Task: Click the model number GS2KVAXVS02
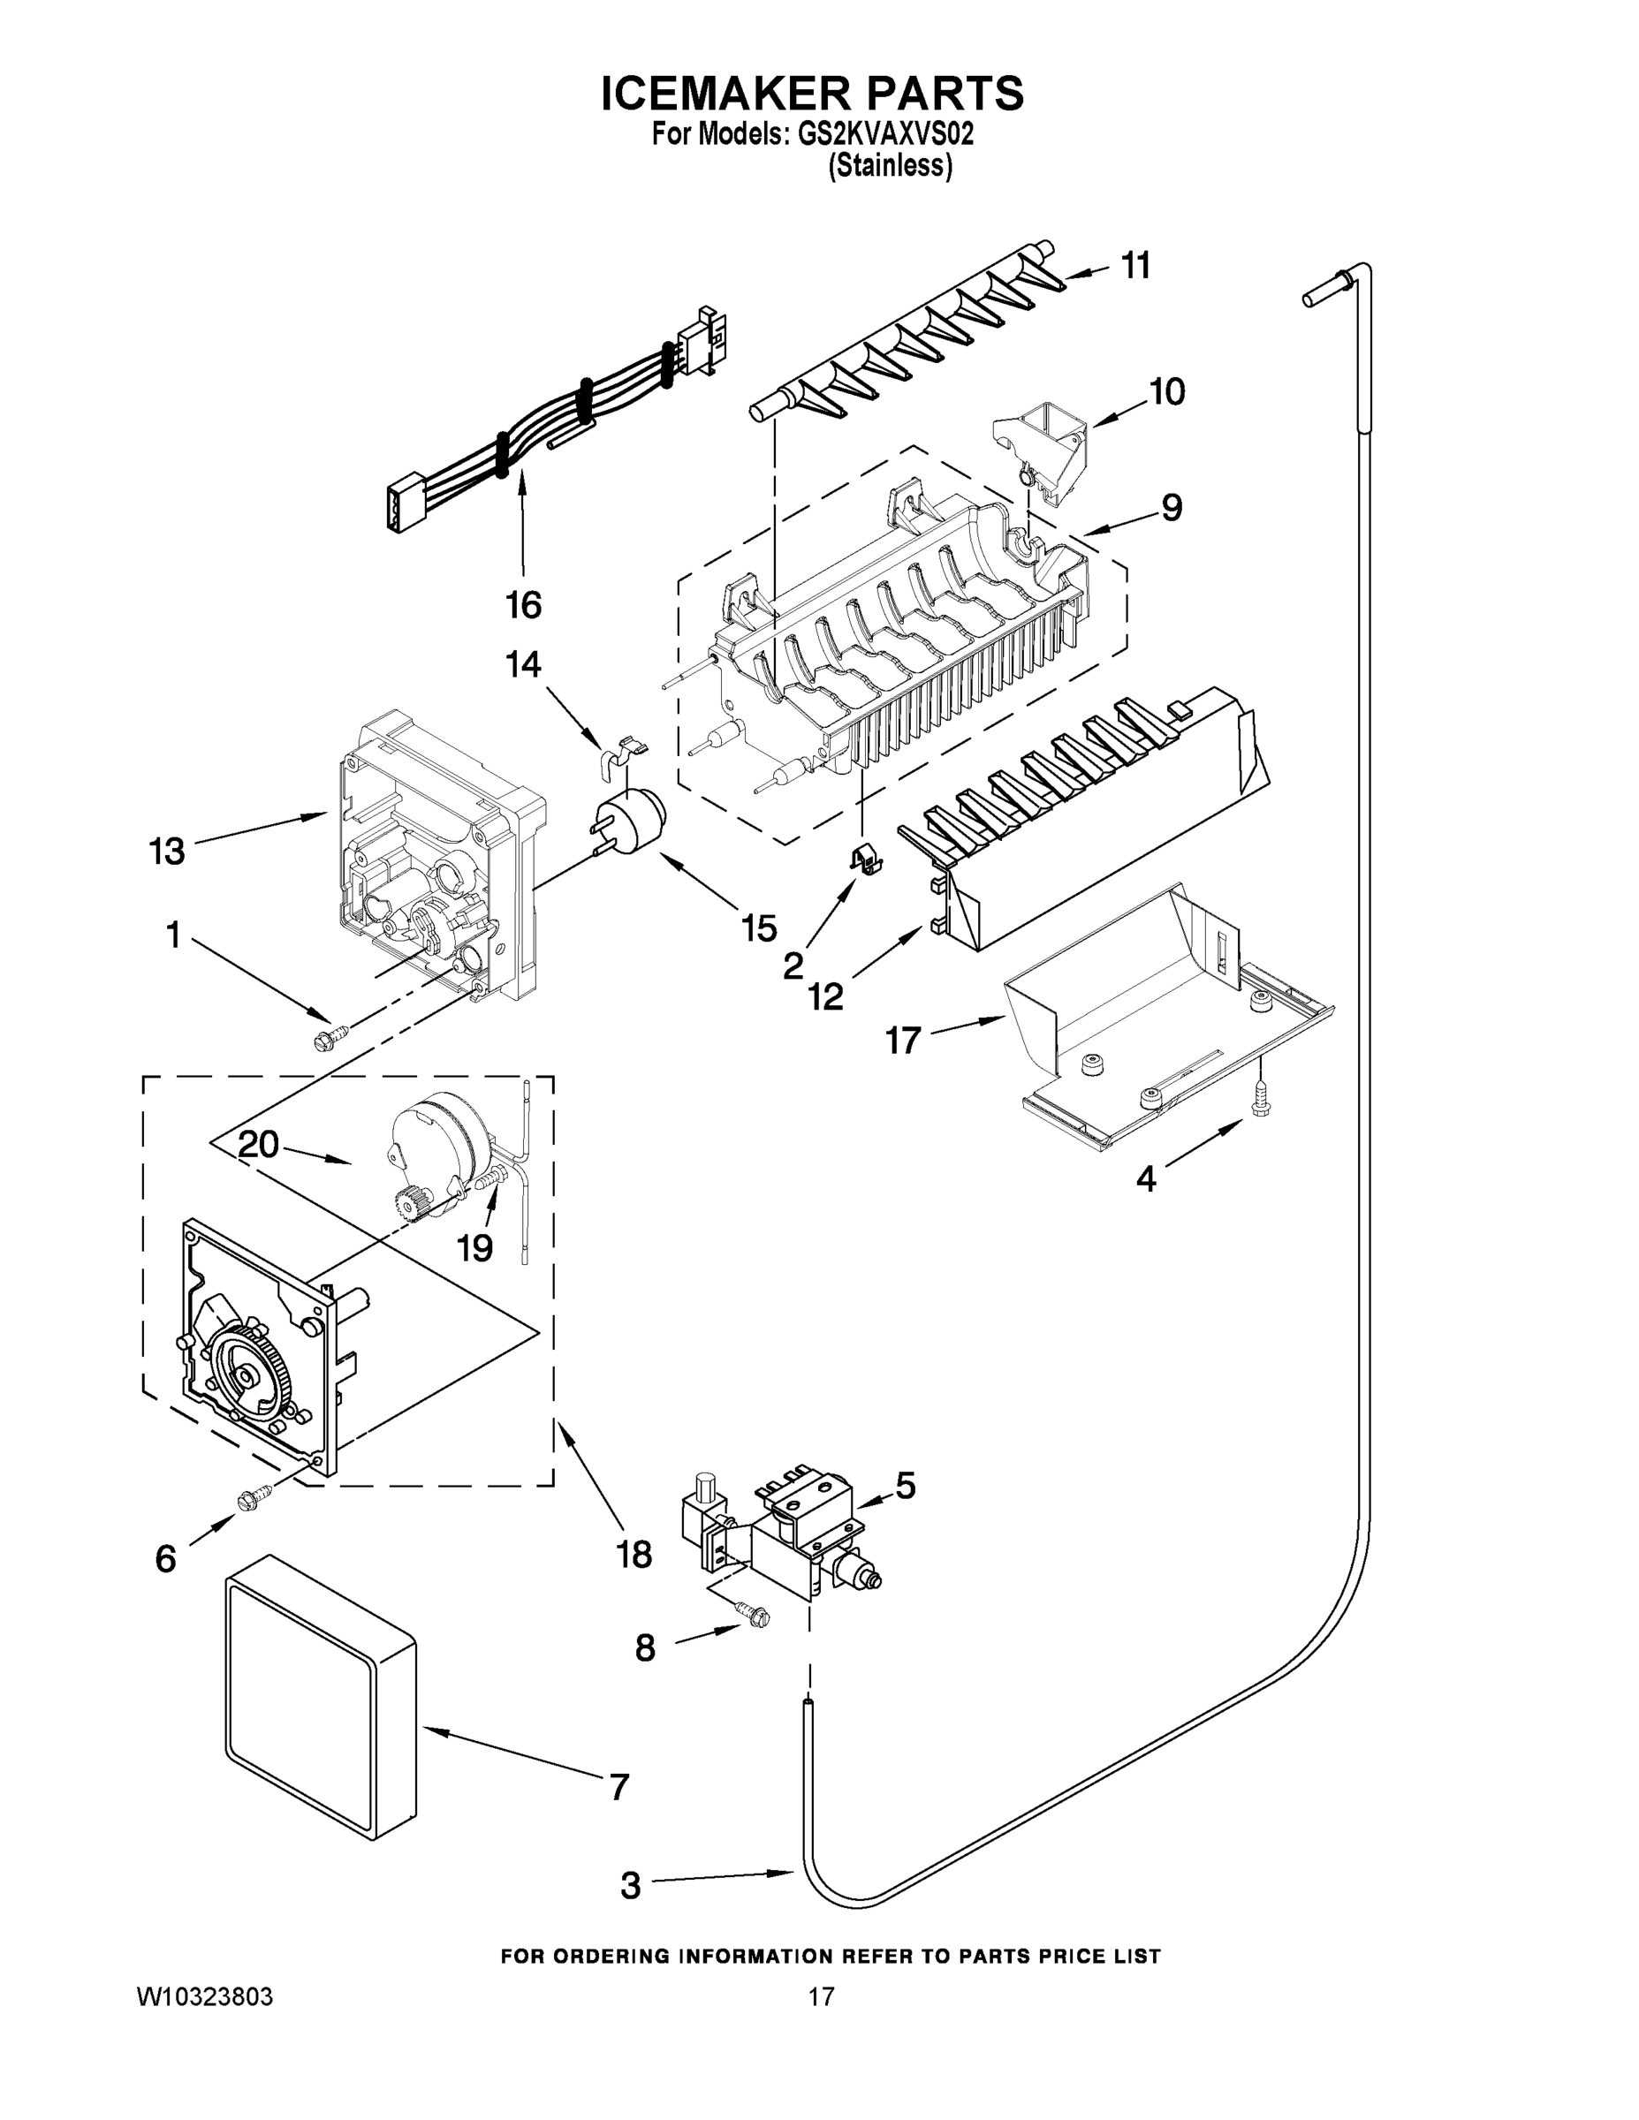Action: click(x=884, y=135)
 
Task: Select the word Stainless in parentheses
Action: click(x=890, y=166)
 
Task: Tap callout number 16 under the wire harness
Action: click(x=523, y=605)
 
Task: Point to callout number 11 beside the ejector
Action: click(x=1136, y=265)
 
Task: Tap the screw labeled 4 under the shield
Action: click(x=1259, y=1103)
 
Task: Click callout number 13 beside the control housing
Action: click(x=166, y=852)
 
